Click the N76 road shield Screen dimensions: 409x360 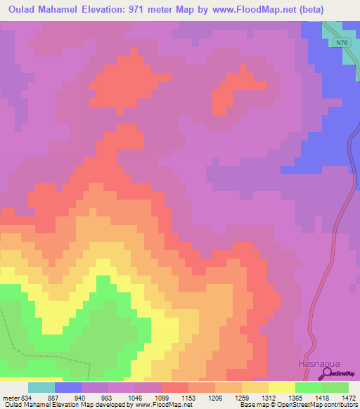point(340,43)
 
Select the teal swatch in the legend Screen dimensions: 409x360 point(41,387)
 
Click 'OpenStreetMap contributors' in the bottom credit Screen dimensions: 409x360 point(318,405)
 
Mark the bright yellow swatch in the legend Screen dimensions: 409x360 point(281,387)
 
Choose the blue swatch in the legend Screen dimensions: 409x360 point(68,387)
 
